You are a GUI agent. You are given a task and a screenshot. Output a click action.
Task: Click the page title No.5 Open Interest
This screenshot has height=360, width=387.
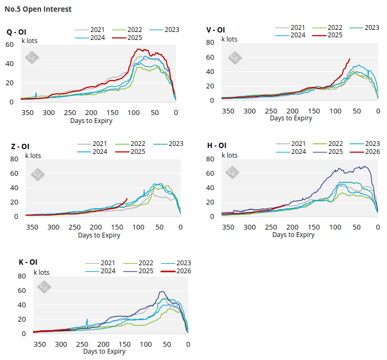pyautogui.click(x=38, y=9)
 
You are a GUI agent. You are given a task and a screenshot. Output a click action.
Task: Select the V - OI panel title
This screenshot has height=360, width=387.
pyautogui.click(x=215, y=30)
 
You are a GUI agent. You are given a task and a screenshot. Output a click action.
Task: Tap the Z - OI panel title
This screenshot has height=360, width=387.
pyautogui.click(x=21, y=146)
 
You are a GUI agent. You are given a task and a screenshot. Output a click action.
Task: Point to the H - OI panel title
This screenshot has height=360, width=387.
pyautogui.click(x=216, y=145)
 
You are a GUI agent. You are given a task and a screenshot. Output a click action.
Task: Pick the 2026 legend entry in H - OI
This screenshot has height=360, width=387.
pyautogui.click(x=372, y=152)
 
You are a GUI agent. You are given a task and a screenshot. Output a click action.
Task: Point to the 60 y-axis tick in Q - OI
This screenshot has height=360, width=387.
pyautogui.click(x=10, y=44)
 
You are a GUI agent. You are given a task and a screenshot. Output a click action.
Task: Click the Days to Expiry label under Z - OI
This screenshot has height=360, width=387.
pyautogui.click(x=99, y=235)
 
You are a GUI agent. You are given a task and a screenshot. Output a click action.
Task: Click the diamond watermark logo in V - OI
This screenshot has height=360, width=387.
pyautogui.click(x=235, y=58)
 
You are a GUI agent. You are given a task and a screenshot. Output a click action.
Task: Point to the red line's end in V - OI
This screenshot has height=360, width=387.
pyautogui.click(x=350, y=59)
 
